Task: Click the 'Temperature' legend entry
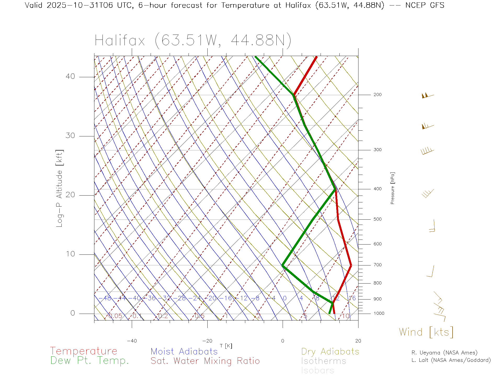(83, 351)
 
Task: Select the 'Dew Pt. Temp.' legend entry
(90, 361)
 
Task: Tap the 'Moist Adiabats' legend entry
(184, 351)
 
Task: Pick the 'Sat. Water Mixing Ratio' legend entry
(205, 361)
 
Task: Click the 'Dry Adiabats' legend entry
(330, 351)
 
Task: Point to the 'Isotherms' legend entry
(323, 361)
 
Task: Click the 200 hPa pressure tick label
(377, 95)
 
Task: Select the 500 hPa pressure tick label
(377, 219)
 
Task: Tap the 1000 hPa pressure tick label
(379, 313)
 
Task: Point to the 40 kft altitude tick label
(70, 76)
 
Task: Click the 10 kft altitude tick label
(70, 254)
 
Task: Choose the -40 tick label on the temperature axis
(132, 341)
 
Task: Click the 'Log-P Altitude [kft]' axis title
(60, 188)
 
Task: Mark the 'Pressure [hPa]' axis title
(392, 188)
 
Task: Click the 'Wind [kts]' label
(426, 332)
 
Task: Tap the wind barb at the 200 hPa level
(427, 96)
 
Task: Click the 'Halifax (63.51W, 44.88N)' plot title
(193, 41)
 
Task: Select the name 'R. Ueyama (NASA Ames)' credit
(444, 353)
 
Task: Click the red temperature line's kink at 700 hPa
(351, 265)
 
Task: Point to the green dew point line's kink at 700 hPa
(283, 265)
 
